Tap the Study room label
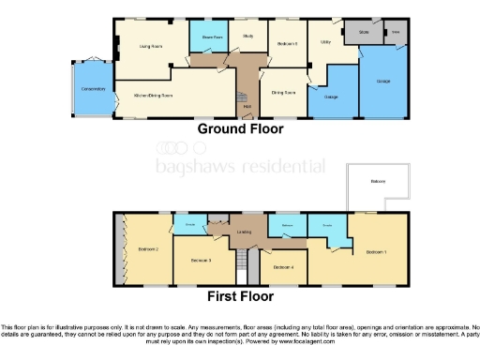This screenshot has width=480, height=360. tap(248, 37)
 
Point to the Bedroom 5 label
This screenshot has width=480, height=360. tap(288, 44)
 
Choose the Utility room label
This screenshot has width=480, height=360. tap(326, 42)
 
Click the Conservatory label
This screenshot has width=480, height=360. tap(92, 89)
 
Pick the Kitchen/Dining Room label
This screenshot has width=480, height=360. tap(155, 95)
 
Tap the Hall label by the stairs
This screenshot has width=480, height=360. tap(247, 106)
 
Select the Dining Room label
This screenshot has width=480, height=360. tap(284, 92)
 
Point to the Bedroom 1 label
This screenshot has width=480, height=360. tap(377, 252)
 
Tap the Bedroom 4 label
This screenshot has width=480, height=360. tap(284, 267)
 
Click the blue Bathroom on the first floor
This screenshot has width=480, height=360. tap(288, 226)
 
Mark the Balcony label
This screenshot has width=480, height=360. tap(378, 180)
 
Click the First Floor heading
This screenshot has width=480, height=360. tap(239, 295)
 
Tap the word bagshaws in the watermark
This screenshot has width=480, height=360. tap(191, 166)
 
